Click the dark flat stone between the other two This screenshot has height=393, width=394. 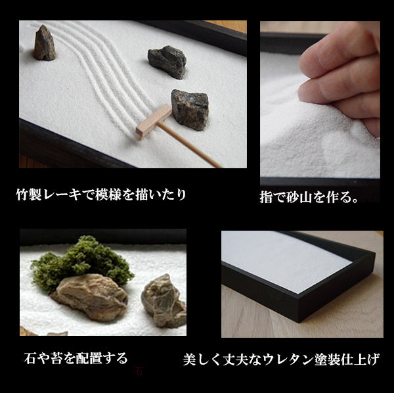[x=167, y=61]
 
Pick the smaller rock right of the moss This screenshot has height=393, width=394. [x=164, y=300]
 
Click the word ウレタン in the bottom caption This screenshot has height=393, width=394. [x=290, y=360]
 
